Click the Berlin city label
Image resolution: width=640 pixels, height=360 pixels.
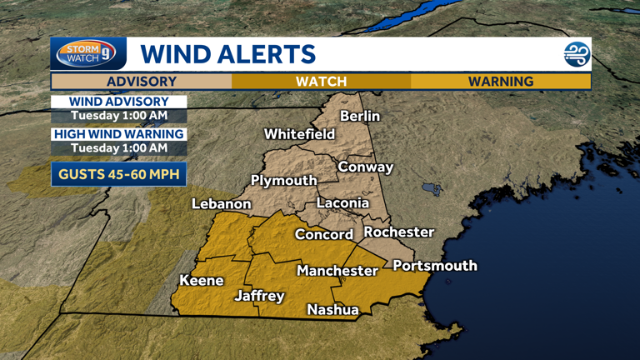(x=360, y=116)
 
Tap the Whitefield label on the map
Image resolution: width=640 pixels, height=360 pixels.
(x=299, y=133)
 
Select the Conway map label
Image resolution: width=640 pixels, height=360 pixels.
(x=365, y=167)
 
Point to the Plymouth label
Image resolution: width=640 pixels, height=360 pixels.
(x=284, y=181)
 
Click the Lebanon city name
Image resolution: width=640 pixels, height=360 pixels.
(x=221, y=203)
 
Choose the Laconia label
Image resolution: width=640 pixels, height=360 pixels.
(x=342, y=202)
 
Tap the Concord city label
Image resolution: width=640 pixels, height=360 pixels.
(x=324, y=234)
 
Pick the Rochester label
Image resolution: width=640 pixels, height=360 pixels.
(x=399, y=232)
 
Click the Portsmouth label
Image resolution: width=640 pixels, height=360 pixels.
(x=434, y=265)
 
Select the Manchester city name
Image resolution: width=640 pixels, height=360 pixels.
(x=337, y=271)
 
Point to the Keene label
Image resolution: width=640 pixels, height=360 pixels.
(x=202, y=280)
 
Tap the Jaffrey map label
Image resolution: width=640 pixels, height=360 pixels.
(x=259, y=296)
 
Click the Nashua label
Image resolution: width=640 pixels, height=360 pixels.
(x=332, y=309)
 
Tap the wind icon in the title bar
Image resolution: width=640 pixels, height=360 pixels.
(x=577, y=55)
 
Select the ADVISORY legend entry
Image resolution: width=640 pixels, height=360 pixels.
(x=141, y=81)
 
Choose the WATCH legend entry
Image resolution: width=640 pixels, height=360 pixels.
(x=321, y=81)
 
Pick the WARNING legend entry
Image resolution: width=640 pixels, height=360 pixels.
(x=500, y=81)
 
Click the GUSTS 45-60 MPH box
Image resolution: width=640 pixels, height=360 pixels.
(x=118, y=174)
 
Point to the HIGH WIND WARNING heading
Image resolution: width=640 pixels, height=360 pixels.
(x=118, y=134)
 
